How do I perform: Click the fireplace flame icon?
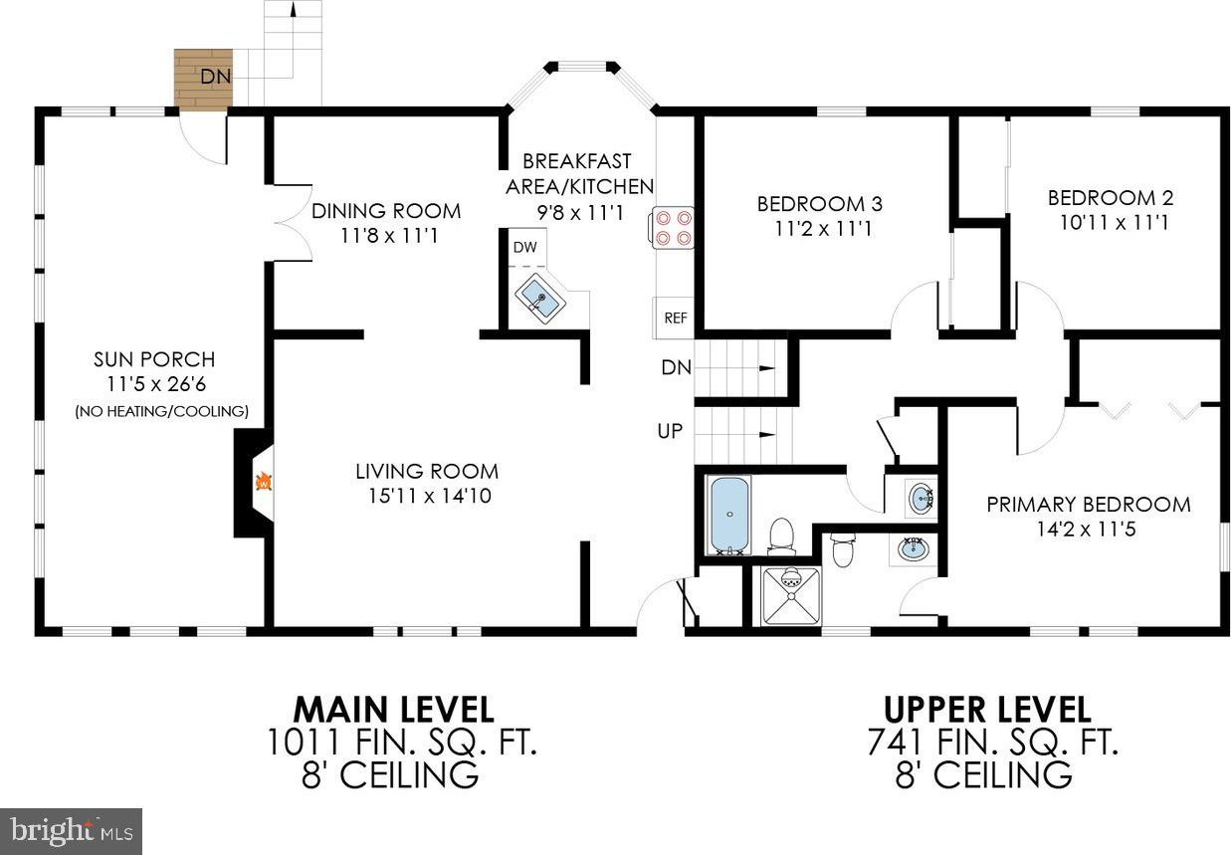(x=265, y=482)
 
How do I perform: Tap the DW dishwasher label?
(x=524, y=247)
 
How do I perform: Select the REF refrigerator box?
(x=675, y=318)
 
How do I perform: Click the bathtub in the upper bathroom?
(x=729, y=515)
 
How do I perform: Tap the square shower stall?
(x=791, y=596)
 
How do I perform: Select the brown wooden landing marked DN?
(x=203, y=78)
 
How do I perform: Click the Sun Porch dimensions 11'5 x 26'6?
(x=156, y=384)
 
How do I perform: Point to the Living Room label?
(x=427, y=472)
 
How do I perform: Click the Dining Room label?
(x=386, y=211)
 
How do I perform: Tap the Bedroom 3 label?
(x=819, y=204)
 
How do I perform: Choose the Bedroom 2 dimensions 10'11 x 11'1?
(x=1114, y=223)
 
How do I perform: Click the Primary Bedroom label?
(x=1088, y=505)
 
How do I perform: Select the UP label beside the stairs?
(x=670, y=431)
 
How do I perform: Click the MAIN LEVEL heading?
(x=393, y=710)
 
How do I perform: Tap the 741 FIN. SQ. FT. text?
(x=992, y=742)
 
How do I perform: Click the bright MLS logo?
(x=71, y=831)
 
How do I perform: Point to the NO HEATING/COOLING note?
(x=161, y=411)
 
